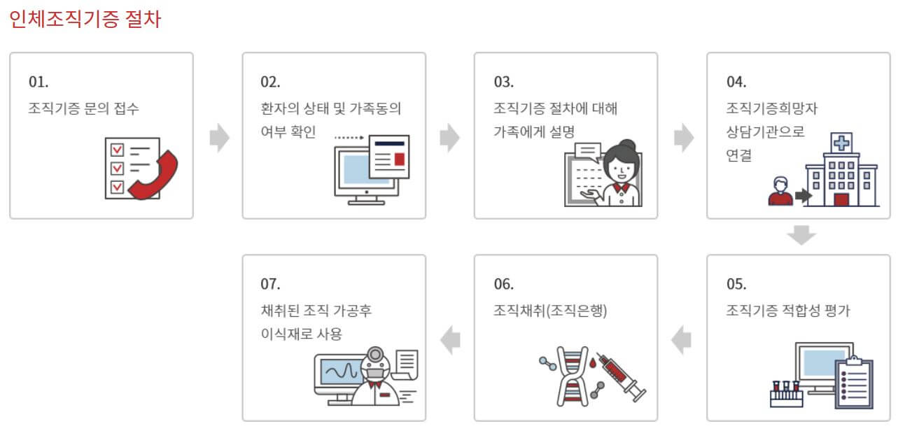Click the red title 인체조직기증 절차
(85, 19)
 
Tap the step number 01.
(38, 81)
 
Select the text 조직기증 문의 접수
(89, 108)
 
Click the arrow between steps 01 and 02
(219, 138)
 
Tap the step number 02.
(270, 81)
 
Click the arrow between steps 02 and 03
(449, 138)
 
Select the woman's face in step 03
(620, 166)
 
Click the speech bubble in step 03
(587, 151)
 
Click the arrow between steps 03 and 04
(683, 138)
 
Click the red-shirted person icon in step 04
(779, 191)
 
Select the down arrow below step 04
(801, 235)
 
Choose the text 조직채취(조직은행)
(550, 311)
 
